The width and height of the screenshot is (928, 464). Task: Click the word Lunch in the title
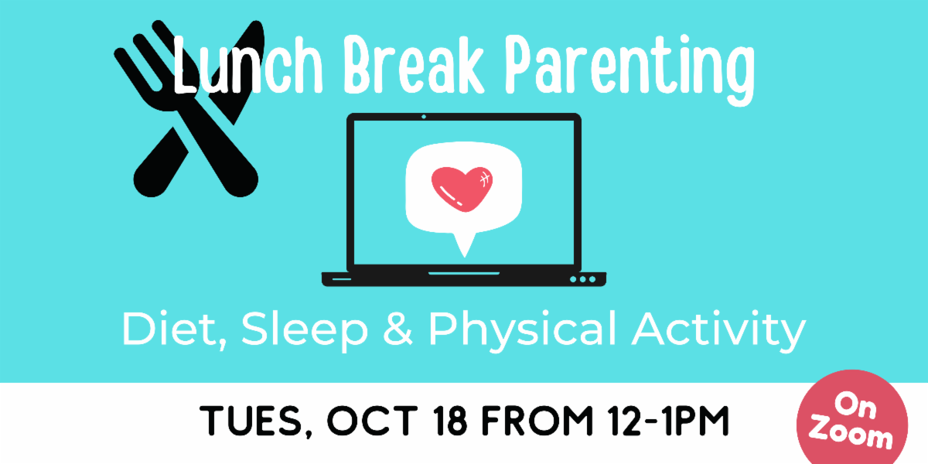pos(247,66)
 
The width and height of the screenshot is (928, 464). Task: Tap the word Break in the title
pos(414,65)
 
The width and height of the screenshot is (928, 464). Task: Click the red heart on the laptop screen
pos(462,189)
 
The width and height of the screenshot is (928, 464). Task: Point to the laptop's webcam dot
pos(424,117)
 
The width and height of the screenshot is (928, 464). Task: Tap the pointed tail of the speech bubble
pos(465,247)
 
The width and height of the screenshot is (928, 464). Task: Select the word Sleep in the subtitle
pos(305,331)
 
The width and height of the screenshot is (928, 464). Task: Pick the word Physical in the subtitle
pos(523,331)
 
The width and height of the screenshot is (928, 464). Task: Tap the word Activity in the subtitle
pos(718,331)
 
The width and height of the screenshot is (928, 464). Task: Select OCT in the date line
pos(373,420)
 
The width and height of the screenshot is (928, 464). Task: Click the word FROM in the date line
pos(537,420)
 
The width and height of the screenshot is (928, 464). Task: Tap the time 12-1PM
pos(669,420)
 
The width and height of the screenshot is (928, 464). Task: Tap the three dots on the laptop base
pos(582,279)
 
